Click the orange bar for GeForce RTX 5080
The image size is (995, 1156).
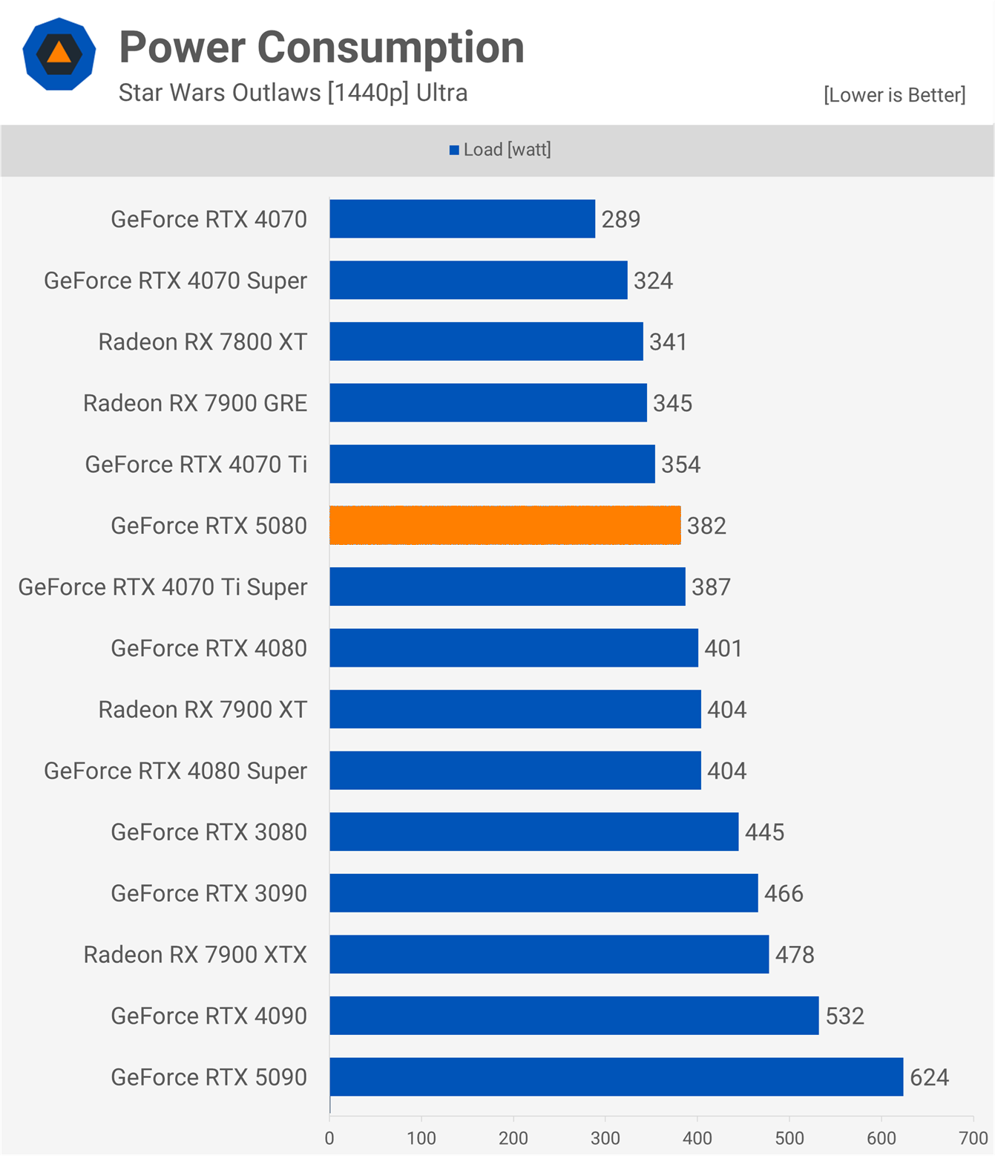(x=505, y=525)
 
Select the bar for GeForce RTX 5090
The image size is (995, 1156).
(x=617, y=1077)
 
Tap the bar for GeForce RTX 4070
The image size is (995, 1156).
(x=462, y=219)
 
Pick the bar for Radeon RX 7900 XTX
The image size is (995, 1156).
(x=549, y=954)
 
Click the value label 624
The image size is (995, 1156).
(x=929, y=1077)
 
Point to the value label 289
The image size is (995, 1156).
(x=620, y=220)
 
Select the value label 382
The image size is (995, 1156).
(x=706, y=526)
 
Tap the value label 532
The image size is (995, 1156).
(x=844, y=1016)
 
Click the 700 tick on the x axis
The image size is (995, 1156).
(x=973, y=1138)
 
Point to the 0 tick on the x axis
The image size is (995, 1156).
(x=329, y=1138)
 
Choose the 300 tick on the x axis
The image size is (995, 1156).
(x=605, y=1138)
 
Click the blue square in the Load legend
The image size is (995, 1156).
(x=454, y=151)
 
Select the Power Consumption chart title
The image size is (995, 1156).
(x=321, y=48)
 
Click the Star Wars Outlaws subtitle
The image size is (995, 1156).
(x=293, y=93)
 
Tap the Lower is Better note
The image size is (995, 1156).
(x=894, y=95)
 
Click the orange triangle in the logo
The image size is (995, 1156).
(x=59, y=53)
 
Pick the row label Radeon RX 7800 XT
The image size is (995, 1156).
(x=203, y=342)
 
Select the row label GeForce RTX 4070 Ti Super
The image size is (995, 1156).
(x=162, y=587)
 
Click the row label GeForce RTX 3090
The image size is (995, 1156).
(x=208, y=893)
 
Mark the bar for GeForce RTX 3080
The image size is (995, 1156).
(x=534, y=832)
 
